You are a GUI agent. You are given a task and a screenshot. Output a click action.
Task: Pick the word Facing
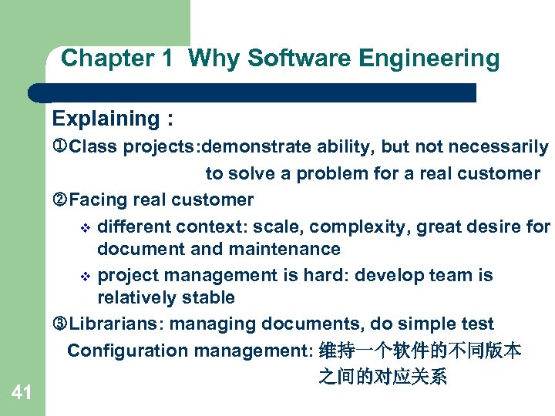click(x=98, y=200)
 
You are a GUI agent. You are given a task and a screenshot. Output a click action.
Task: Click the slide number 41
click(x=22, y=394)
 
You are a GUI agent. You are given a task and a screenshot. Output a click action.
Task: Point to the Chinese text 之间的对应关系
click(x=382, y=377)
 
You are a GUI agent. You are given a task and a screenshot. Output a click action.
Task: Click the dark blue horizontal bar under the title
click(x=254, y=92)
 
